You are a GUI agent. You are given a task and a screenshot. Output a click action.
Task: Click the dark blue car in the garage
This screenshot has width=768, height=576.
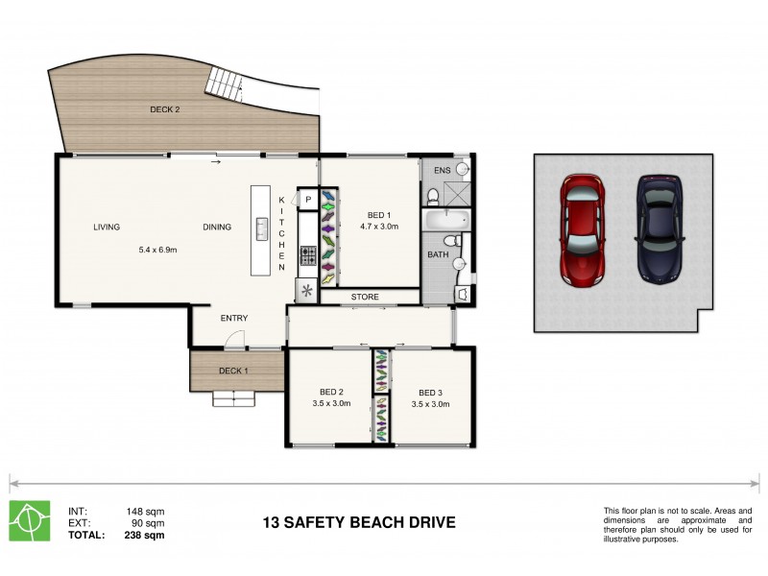pos(660,229)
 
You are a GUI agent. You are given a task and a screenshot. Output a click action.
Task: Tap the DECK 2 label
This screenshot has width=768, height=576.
pos(164,109)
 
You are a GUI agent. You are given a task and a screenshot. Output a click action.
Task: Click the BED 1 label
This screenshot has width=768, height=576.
pos(378,215)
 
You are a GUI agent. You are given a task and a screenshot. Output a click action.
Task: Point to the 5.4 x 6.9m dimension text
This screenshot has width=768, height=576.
pos(158,250)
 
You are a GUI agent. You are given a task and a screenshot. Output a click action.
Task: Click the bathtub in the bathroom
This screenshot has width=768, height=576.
pos(447,219)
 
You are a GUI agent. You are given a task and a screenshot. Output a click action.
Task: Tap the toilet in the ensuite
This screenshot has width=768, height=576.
pos(432,196)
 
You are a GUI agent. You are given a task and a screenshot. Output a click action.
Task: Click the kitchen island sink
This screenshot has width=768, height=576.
pos(261,229)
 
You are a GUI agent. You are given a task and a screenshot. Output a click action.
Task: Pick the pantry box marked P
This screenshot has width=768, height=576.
pos(308,200)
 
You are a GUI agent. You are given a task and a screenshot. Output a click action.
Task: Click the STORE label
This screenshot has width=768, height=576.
pos(364,297)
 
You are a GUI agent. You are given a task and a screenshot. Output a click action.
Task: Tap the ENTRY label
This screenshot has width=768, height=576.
pos(234,318)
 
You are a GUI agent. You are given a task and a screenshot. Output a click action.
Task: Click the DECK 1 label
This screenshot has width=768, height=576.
pos(233,371)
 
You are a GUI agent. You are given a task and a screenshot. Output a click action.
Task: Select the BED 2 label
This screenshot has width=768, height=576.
pos(331,392)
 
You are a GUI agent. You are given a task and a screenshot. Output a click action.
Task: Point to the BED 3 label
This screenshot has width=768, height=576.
pos(430,392)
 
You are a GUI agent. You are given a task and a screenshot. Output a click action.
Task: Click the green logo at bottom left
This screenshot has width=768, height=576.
pos(30,521)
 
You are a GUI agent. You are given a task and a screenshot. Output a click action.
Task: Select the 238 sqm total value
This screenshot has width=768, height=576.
pos(145,535)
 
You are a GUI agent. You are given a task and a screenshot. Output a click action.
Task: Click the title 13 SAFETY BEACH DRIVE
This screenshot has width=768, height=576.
pos(359,523)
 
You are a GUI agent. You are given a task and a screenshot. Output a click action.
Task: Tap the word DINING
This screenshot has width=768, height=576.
pos(217,228)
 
